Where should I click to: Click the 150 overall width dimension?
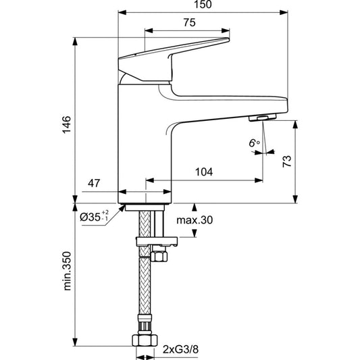203,5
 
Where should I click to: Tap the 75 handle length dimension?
189,22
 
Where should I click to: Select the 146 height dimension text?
67,125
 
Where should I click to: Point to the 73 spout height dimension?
287,161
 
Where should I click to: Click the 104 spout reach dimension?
204,172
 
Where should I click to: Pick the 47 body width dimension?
94,183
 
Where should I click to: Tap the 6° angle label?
255,143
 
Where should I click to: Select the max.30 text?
195,220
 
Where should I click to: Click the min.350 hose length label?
67,271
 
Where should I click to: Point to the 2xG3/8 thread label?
180,350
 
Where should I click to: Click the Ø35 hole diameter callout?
94,216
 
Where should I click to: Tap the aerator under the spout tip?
263,118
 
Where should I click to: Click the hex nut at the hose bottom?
145,340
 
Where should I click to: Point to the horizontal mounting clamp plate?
157,241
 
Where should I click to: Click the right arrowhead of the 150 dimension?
284,12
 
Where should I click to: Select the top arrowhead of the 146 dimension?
75,42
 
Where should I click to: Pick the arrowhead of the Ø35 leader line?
122,208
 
